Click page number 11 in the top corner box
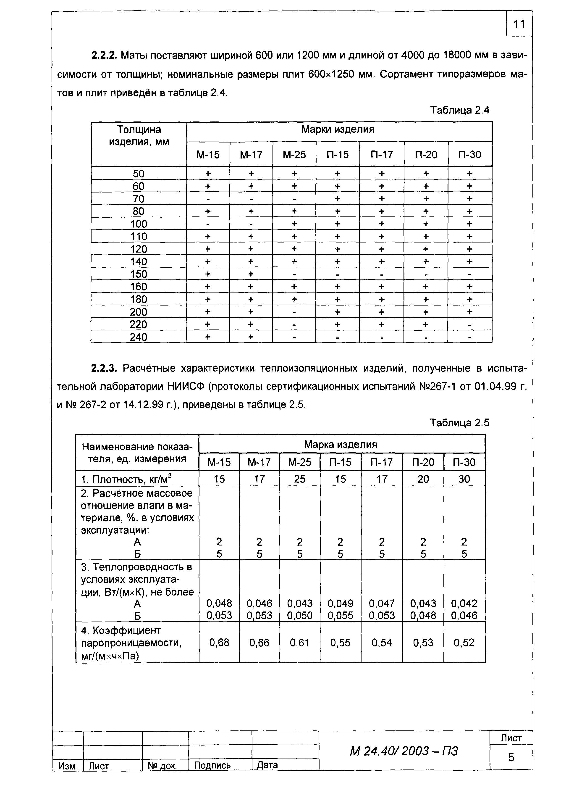[x=519, y=24]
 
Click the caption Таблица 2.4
[x=460, y=110]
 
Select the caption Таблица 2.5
[x=460, y=423]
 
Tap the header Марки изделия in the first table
[x=338, y=130]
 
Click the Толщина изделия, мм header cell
[x=139, y=136]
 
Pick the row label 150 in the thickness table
[x=139, y=274]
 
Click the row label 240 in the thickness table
[x=139, y=337]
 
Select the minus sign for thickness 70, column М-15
[x=208, y=199]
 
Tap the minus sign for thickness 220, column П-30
[x=470, y=325]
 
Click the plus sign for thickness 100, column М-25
[x=294, y=224]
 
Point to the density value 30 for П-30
[x=464, y=479]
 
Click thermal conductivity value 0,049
[x=340, y=603]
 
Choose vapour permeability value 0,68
[x=219, y=642]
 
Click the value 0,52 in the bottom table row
[x=464, y=642]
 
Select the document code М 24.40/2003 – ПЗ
[x=404, y=751]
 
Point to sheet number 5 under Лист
[x=511, y=757]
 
